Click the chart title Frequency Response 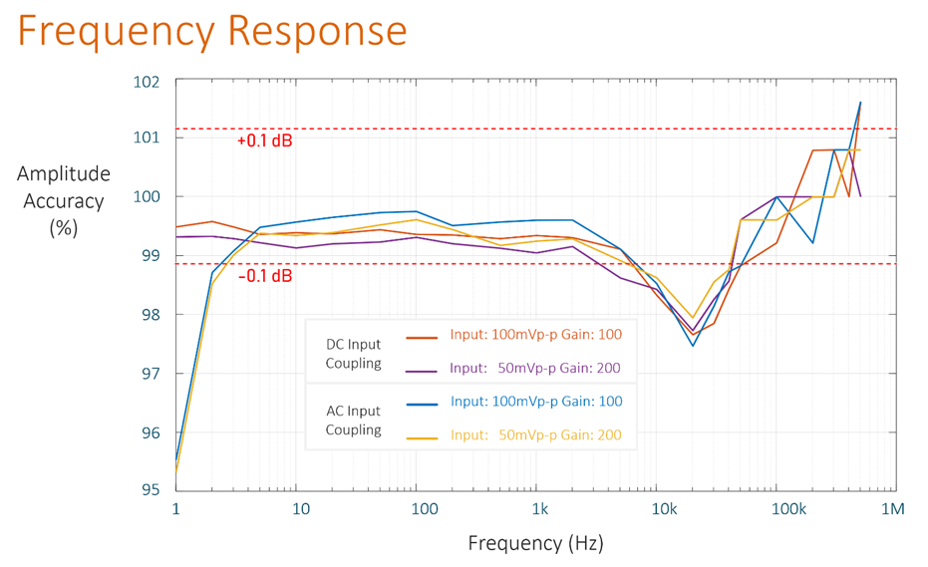click(x=212, y=31)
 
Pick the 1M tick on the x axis click(x=892, y=509)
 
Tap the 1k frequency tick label click(x=539, y=509)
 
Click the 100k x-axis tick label click(x=788, y=509)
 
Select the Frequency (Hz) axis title click(x=535, y=543)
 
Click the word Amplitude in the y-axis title click(x=64, y=174)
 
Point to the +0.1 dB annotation click(x=264, y=142)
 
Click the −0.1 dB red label click(x=264, y=276)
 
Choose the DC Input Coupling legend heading click(x=353, y=354)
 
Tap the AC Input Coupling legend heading click(x=353, y=420)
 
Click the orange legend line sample click(x=422, y=337)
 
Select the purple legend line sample click(x=422, y=371)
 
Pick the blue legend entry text click(x=536, y=402)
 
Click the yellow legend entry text click(x=536, y=435)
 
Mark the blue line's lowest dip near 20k click(x=693, y=346)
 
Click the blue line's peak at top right click(x=860, y=103)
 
